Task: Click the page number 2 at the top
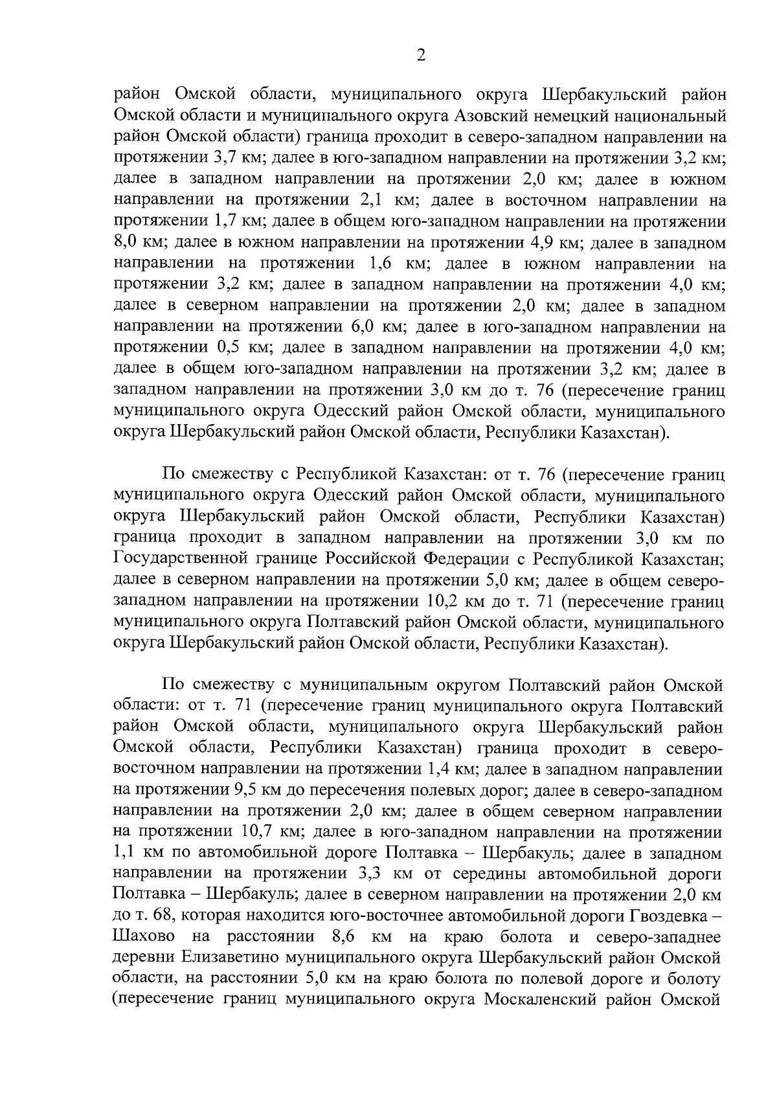421,56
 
